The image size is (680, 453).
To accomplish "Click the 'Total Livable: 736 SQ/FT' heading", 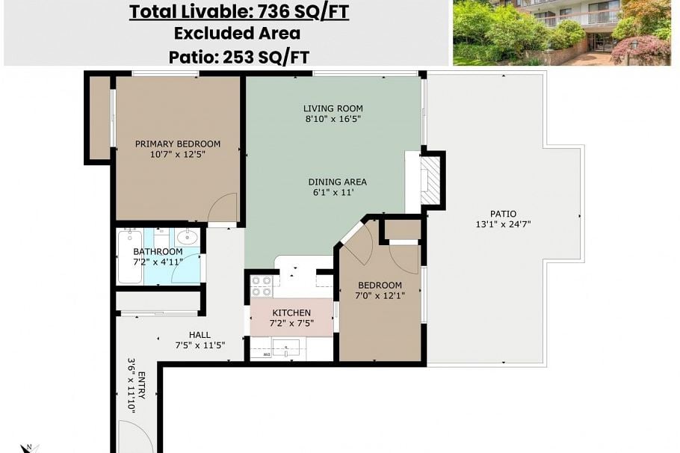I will click(x=238, y=12).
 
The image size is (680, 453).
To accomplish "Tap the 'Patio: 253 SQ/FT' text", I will click(x=238, y=57).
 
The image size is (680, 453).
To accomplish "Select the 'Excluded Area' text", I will click(x=237, y=34).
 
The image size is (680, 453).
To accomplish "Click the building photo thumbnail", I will click(x=561, y=32).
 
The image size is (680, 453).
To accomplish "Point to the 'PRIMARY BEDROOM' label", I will click(x=177, y=144).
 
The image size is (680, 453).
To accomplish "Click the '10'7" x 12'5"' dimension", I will click(x=177, y=155).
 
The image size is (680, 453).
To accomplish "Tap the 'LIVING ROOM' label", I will click(x=333, y=108).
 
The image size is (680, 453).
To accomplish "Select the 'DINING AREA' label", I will click(x=337, y=182).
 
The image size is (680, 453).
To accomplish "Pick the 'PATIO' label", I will click(x=503, y=214).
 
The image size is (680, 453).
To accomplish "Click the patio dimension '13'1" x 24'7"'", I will click(x=503, y=224).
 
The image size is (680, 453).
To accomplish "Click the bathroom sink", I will click(x=188, y=238).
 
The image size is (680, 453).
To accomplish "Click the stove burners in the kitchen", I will click(x=262, y=286).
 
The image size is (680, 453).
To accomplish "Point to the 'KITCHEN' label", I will click(x=291, y=312).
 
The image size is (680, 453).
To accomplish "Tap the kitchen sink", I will click(x=286, y=348).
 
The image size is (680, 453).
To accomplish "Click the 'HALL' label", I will click(x=200, y=335).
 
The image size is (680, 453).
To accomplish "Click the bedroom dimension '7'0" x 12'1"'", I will click(x=380, y=295).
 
